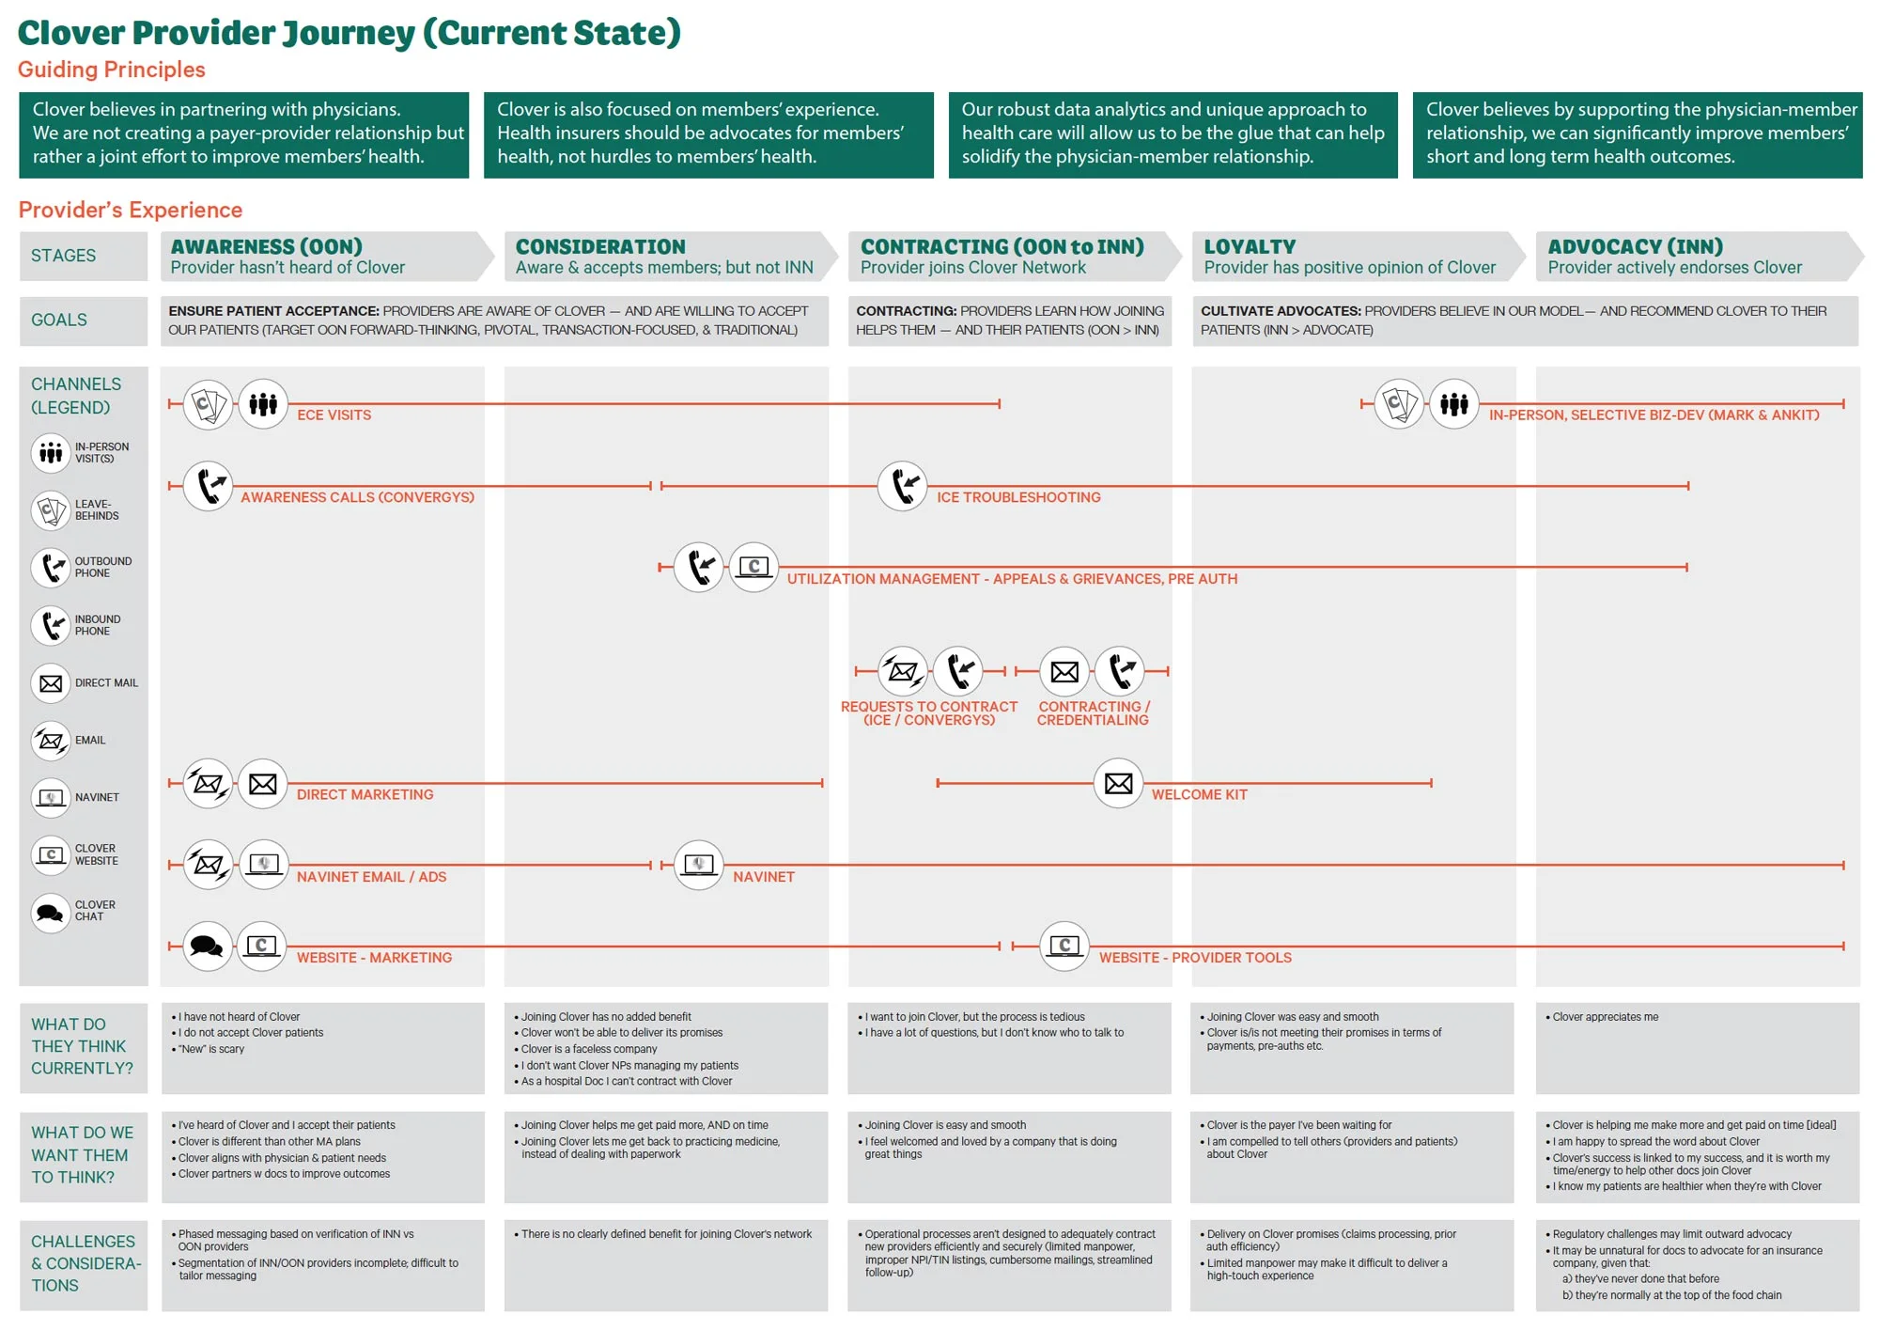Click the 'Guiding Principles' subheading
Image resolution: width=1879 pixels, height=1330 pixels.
click(x=111, y=70)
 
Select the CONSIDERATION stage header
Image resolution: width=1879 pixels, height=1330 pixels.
click(x=600, y=246)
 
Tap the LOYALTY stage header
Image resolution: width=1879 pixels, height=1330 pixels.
click(x=1250, y=246)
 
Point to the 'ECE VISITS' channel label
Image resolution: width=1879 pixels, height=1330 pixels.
click(x=334, y=415)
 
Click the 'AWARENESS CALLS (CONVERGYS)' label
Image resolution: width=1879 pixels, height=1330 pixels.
click(x=357, y=497)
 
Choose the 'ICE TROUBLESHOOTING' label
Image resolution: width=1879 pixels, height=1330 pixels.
click(x=1018, y=497)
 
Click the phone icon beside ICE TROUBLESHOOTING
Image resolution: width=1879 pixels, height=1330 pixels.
click(x=903, y=485)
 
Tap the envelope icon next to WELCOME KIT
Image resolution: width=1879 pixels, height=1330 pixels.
click(x=1118, y=783)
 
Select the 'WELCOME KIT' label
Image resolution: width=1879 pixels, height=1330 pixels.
click(x=1200, y=794)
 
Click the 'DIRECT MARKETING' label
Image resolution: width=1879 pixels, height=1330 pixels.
click(x=365, y=794)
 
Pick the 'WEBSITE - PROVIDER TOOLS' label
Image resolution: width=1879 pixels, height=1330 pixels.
click(x=1195, y=957)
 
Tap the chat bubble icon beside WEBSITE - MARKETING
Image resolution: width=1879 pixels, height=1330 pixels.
click(x=207, y=946)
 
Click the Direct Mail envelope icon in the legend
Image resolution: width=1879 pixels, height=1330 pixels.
click(x=51, y=683)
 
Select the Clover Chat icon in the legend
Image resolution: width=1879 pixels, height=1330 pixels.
click(x=51, y=912)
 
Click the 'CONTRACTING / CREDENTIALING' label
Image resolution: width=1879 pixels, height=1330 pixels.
click(x=1094, y=712)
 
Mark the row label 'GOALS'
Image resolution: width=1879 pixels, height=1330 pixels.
click(x=59, y=320)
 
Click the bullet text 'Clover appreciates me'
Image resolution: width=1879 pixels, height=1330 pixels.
click(x=1605, y=1017)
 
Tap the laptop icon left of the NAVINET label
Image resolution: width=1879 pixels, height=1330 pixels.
click(x=699, y=865)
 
